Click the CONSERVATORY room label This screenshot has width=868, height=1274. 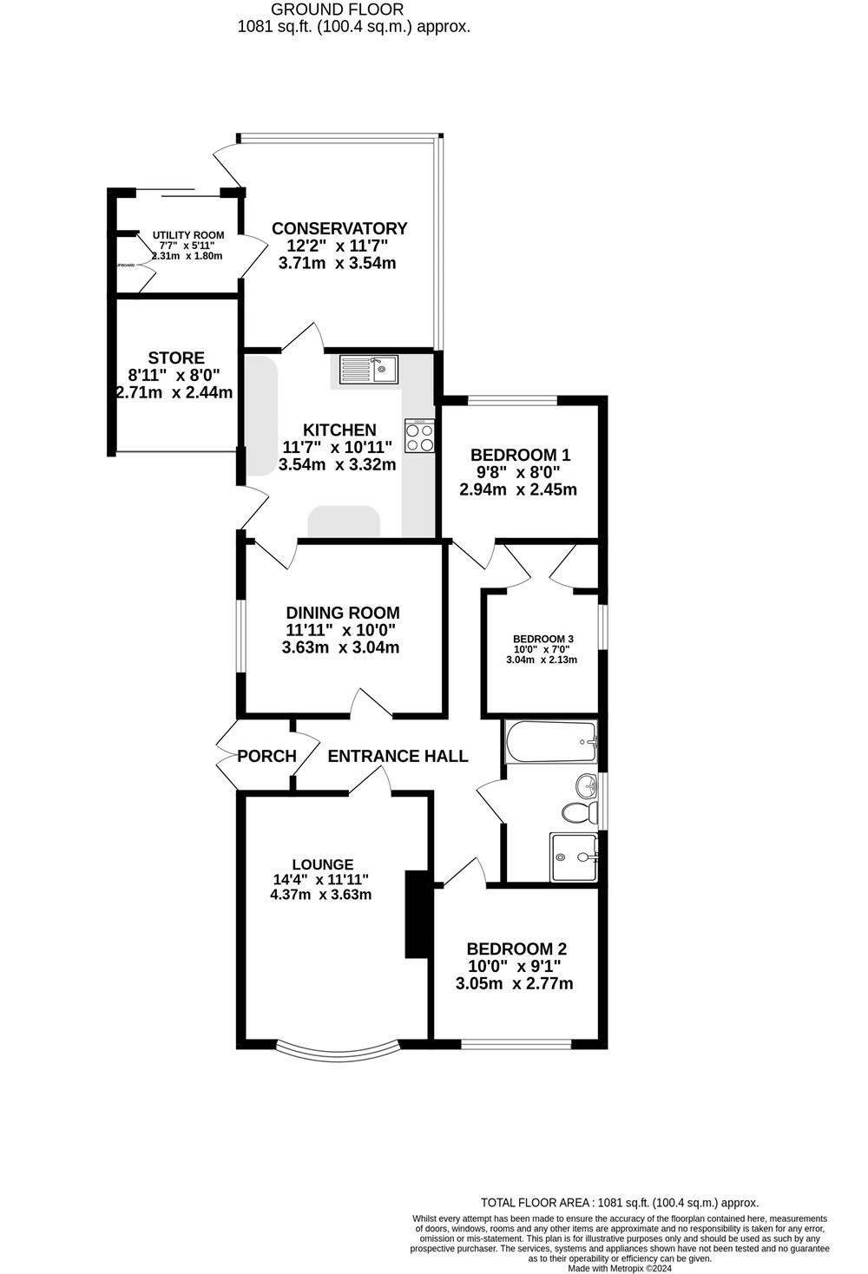click(x=339, y=228)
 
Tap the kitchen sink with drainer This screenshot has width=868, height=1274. click(x=369, y=370)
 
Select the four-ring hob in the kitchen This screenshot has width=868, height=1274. click(x=419, y=437)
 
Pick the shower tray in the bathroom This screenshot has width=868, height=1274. click(x=574, y=857)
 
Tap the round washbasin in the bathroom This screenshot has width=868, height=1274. click(x=587, y=786)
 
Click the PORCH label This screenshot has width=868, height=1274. click(x=266, y=756)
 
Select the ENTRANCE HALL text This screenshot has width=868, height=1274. click(x=398, y=756)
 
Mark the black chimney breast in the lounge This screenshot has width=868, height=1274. click(x=418, y=914)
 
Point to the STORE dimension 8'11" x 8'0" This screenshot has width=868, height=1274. click(x=174, y=375)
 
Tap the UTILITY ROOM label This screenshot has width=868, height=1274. click(x=188, y=235)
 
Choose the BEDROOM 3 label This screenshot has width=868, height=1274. click(x=542, y=639)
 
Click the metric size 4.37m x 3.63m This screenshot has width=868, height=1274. click(x=321, y=894)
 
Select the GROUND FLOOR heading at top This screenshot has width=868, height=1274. click(x=337, y=10)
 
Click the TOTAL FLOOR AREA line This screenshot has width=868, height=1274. click(x=620, y=1203)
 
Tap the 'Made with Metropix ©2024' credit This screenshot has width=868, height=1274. click(x=620, y=1268)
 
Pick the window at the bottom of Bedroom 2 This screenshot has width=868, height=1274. click(x=516, y=1043)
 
